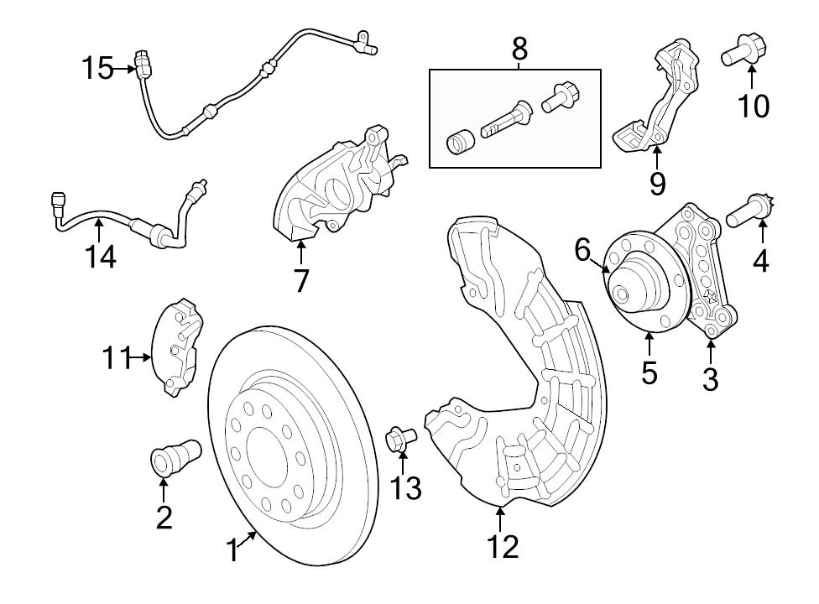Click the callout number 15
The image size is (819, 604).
click(x=97, y=68)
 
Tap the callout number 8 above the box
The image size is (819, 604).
click(x=519, y=49)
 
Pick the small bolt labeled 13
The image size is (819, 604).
click(x=399, y=438)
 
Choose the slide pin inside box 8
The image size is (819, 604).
click(x=504, y=122)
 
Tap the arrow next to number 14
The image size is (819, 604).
click(x=98, y=227)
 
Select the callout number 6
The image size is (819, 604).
click(x=582, y=249)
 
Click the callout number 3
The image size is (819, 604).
click(x=710, y=378)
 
